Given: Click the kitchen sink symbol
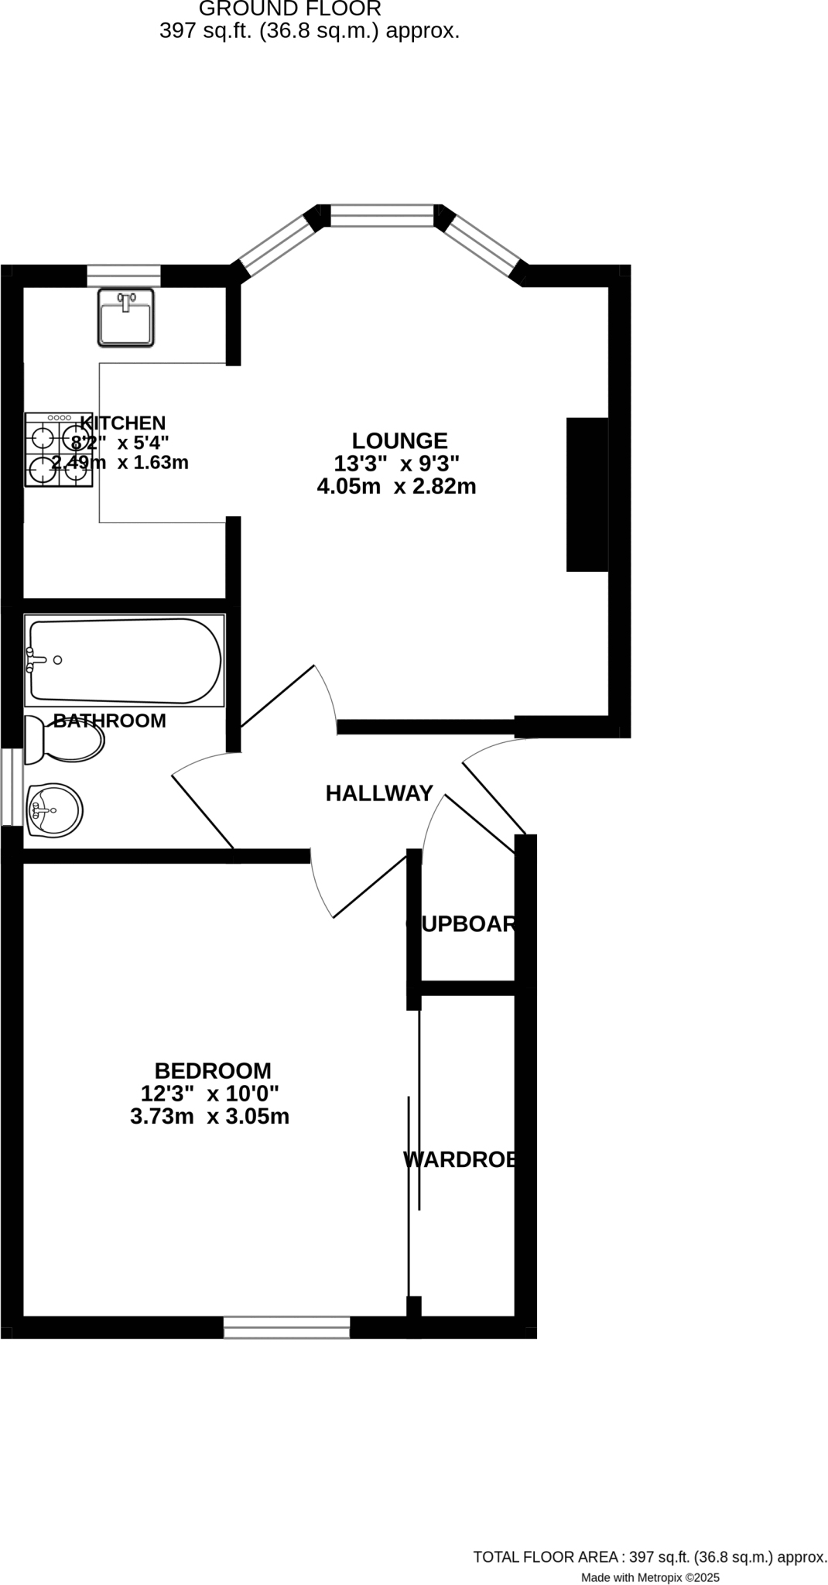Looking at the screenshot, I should coord(125,317).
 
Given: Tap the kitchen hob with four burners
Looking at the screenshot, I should coord(59,450).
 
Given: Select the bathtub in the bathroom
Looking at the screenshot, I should coord(125,660).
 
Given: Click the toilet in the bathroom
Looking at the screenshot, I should coord(64,740).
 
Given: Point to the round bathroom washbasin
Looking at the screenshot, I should coord(54,810).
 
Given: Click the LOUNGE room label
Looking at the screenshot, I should coord(399,441).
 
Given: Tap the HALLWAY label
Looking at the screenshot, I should coord(378,793).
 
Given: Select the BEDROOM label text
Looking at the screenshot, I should coord(213,1071).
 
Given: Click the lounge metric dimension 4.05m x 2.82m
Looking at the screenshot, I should coord(396,487).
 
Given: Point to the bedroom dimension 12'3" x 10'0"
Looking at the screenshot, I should coord(210,1094).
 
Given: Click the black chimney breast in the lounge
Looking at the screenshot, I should coord(587,495).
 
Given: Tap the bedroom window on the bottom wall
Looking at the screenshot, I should coord(287,1328).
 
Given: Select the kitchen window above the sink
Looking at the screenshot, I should coord(123,276).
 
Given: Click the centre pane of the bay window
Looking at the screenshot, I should coord(382,215).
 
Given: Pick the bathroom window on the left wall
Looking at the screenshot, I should coord(12,787).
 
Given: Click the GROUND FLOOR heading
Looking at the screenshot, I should coord(290,9).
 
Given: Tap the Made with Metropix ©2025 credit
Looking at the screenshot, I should coord(650,1577).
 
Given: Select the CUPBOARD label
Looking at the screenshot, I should coord(462,924).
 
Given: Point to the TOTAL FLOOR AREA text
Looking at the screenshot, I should coord(650,1557).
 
